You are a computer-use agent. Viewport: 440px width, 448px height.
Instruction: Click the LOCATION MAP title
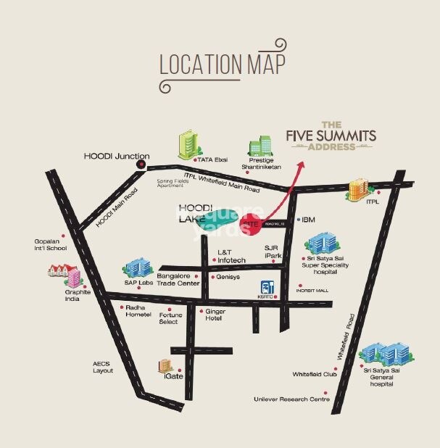[x=222, y=64]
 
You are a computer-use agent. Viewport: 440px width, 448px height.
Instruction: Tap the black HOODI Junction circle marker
[x=141, y=165]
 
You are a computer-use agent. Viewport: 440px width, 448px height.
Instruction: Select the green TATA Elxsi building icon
[x=188, y=146]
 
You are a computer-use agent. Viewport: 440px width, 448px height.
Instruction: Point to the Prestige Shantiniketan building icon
[x=260, y=147]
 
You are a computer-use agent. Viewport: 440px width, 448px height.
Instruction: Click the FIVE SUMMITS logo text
[x=331, y=135]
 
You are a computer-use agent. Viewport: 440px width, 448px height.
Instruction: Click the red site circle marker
[x=252, y=225]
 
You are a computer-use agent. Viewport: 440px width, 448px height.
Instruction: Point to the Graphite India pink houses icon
[x=62, y=275]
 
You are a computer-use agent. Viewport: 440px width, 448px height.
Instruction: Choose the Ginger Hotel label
[x=215, y=315]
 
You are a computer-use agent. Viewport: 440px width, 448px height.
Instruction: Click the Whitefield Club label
[x=315, y=374]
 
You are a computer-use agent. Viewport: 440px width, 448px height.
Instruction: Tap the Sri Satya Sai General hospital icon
[x=381, y=354]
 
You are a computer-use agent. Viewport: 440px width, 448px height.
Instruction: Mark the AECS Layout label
[x=103, y=367]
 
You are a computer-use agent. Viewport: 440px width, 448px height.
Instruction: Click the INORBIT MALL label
[x=312, y=290]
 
